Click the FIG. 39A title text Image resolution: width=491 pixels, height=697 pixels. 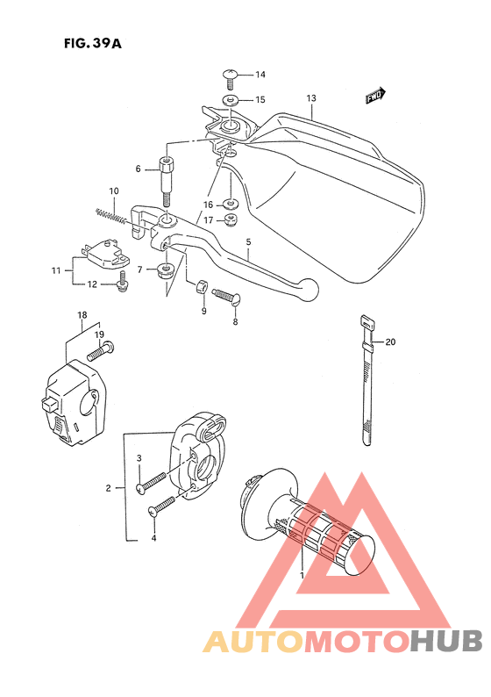tap(92, 43)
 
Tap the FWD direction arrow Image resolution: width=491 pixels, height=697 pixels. tap(376, 95)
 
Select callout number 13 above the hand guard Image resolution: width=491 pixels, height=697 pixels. tap(310, 98)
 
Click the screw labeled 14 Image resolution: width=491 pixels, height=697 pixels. tap(232, 76)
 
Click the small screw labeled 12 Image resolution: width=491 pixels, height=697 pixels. tap(123, 281)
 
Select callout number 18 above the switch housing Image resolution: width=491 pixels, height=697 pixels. tap(82, 314)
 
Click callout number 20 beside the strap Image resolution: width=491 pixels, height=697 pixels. tap(391, 342)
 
